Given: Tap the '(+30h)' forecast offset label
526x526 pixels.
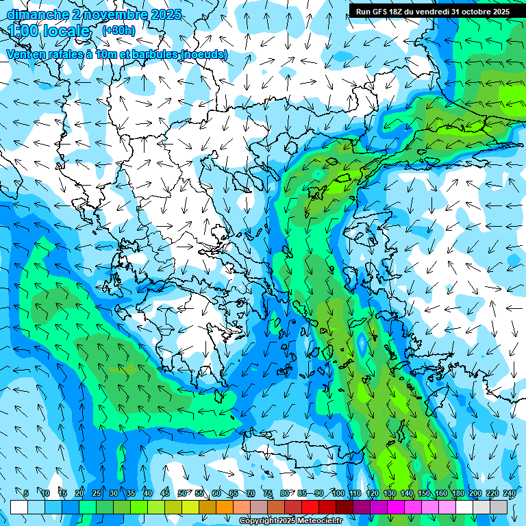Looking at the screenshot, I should [x=118, y=30].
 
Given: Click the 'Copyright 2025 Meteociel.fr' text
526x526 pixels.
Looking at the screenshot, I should [x=300, y=521].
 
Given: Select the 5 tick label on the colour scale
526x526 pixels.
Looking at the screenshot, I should [x=26, y=493].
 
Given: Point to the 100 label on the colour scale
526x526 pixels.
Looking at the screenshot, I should [x=338, y=493].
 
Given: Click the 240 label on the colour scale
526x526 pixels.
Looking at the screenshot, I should [x=509, y=493].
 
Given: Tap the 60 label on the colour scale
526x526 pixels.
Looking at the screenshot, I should [x=216, y=493].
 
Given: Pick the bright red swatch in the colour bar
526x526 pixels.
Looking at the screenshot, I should [x=310, y=507].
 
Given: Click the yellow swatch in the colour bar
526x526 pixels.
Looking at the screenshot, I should [x=190, y=507].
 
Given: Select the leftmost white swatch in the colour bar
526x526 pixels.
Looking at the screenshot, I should [x=19, y=507].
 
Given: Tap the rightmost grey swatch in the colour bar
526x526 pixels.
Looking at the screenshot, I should [x=499, y=507].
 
